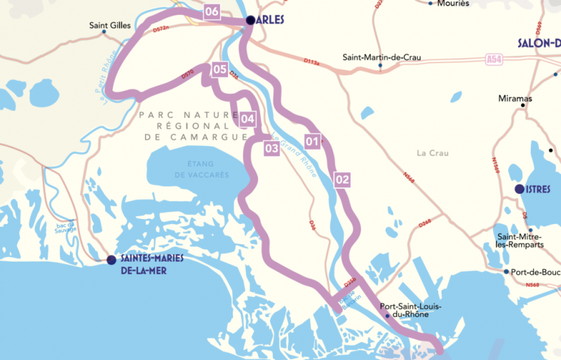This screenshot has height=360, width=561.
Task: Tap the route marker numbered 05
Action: [x=219, y=69]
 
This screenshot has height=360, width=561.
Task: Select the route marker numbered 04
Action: [x=247, y=119]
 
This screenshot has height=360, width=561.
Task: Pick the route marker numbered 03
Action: [x=271, y=148]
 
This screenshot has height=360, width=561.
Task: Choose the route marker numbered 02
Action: [x=342, y=180]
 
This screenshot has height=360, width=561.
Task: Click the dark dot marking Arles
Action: [x=250, y=21]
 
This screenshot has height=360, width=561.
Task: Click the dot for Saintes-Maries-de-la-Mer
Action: [x=111, y=260]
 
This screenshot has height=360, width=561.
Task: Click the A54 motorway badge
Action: [x=495, y=61]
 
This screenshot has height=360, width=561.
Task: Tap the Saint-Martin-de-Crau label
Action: [x=381, y=58]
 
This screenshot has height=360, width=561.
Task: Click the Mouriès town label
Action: [x=452, y=3]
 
